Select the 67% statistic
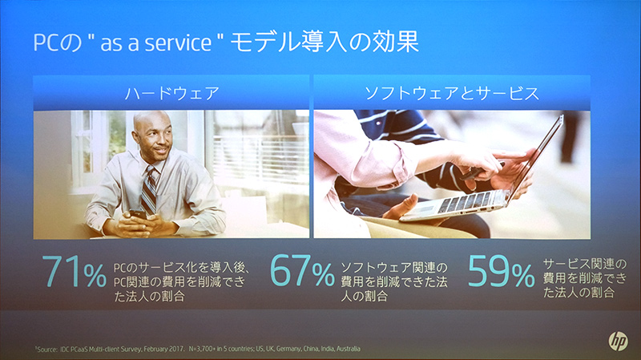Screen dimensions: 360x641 (301, 273)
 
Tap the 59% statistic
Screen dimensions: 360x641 (501, 273)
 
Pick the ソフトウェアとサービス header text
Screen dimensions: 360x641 (451, 92)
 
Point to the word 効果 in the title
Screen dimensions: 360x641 (391, 42)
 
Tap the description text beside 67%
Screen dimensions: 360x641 (396, 279)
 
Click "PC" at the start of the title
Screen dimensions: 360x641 (44, 42)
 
